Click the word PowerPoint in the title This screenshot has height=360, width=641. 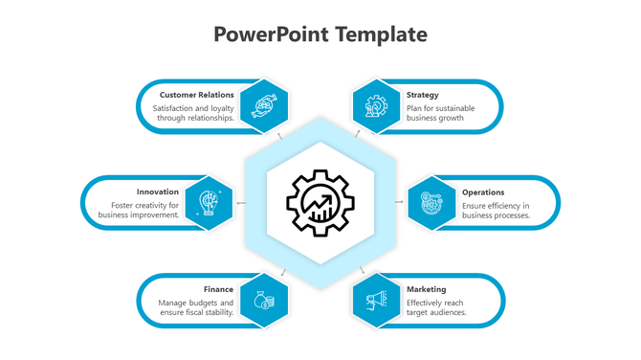pyautogui.click(x=271, y=35)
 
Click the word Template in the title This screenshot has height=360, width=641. pyautogui.click(x=380, y=35)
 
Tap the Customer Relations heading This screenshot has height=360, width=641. pyautogui.click(x=196, y=95)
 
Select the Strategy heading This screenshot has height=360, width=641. pyautogui.click(x=422, y=95)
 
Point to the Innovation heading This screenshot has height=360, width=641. pyautogui.click(x=158, y=191)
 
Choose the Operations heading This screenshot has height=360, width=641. pyautogui.click(x=482, y=191)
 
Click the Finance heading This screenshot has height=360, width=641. pyautogui.click(x=218, y=288)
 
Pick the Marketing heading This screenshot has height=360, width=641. pyautogui.click(x=425, y=288)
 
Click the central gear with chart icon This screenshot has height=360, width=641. pyautogui.click(x=320, y=201)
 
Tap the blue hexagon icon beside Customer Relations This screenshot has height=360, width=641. pyautogui.click(x=264, y=105)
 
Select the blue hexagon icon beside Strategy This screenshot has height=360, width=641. pyautogui.click(x=375, y=105)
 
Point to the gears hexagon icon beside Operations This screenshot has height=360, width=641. pyautogui.click(x=431, y=202)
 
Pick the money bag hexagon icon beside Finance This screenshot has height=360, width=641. pyautogui.click(x=264, y=300)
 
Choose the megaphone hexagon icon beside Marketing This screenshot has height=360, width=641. pyautogui.click(x=375, y=300)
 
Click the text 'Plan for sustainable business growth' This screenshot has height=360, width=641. pyautogui.click(x=440, y=113)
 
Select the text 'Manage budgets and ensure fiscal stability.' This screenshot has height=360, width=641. pyautogui.click(x=196, y=307)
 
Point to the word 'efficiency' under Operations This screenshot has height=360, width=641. pyautogui.click(x=506, y=205)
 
